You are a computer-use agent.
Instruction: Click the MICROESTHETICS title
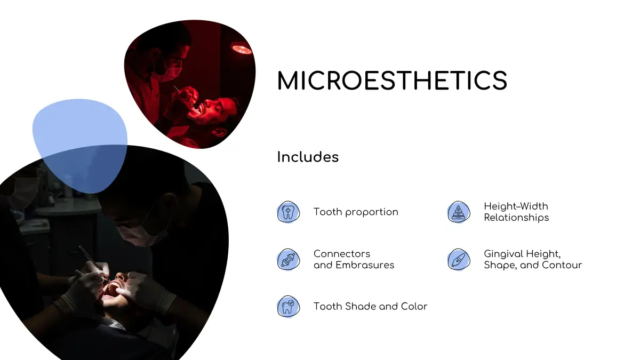pyautogui.click(x=392, y=81)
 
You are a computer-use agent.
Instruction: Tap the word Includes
pyautogui.click(x=308, y=157)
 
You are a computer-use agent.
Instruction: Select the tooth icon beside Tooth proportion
pyautogui.click(x=289, y=212)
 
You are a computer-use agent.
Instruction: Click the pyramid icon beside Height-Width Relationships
pyautogui.click(x=459, y=212)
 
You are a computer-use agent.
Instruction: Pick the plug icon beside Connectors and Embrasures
pyautogui.click(x=289, y=259)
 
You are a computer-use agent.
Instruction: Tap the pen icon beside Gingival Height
pyautogui.click(x=459, y=259)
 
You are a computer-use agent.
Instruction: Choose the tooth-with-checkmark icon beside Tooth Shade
pyautogui.click(x=289, y=307)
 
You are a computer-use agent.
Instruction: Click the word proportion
pyautogui.click(x=371, y=212)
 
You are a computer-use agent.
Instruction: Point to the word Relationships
pyautogui.click(x=516, y=218)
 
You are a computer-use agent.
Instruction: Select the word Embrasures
pyautogui.click(x=365, y=265)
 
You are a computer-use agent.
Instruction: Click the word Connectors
pyautogui.click(x=342, y=254)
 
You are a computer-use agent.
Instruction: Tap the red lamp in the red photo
pyautogui.click(x=242, y=49)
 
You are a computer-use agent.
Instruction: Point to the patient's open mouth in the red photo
pyautogui.click(x=198, y=110)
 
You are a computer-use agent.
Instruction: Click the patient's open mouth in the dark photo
pyautogui.click(x=113, y=289)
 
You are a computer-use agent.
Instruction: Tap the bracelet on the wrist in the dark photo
pyautogui.click(x=59, y=308)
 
